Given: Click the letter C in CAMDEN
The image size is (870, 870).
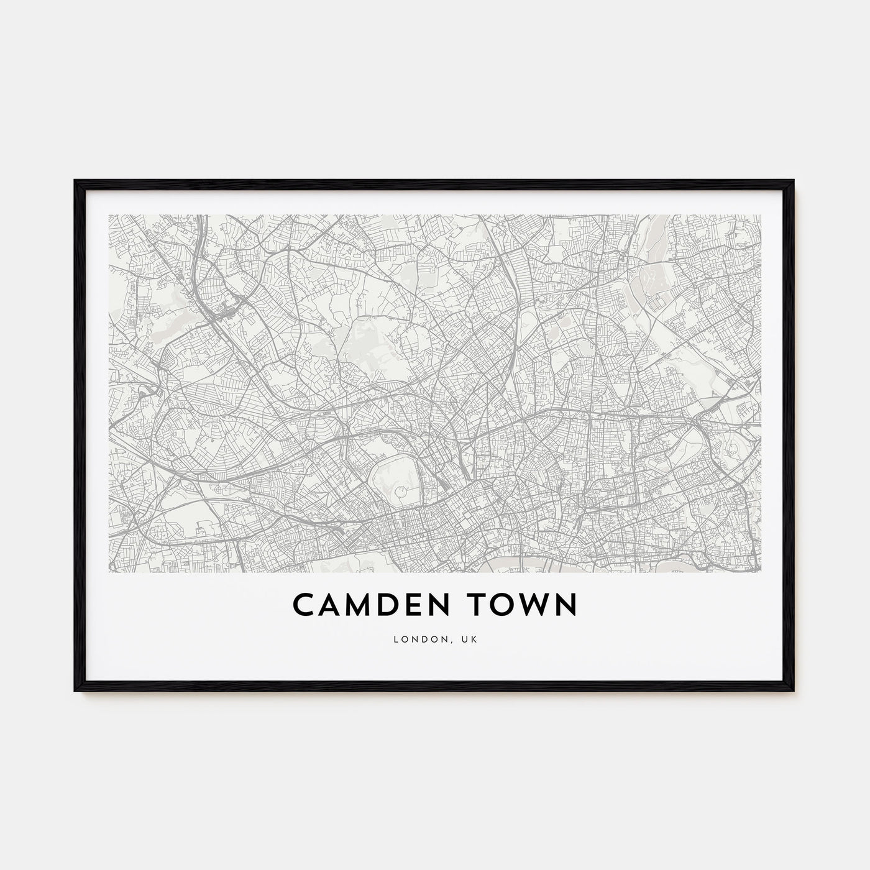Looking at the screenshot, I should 303,605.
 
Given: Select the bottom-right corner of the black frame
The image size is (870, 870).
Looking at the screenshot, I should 794,692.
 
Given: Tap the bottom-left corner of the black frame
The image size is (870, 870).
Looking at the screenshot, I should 75,692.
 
